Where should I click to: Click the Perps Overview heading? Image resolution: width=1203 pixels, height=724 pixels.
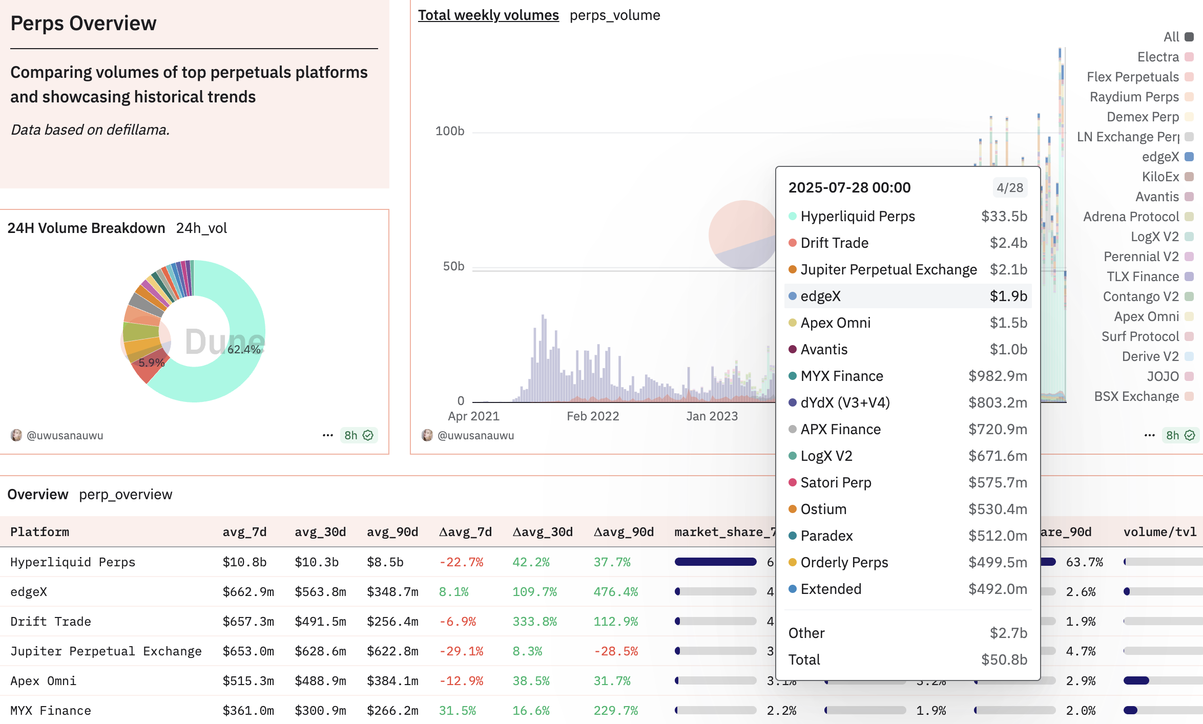[84, 24]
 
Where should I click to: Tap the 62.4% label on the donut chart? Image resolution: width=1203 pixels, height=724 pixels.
[244, 349]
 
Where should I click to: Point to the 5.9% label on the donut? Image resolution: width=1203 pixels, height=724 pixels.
[152, 363]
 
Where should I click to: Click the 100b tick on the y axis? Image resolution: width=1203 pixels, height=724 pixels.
[449, 131]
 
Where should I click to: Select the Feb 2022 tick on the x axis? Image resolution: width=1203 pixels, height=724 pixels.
[593, 416]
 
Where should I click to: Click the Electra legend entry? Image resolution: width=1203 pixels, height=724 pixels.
[1158, 57]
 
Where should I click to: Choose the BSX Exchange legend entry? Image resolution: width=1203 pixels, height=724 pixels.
[1136, 396]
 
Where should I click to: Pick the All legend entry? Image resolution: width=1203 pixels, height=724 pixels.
[1172, 37]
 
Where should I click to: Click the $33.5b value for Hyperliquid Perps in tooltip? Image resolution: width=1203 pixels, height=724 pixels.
[1004, 216]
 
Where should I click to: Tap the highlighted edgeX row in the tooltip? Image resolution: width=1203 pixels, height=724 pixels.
[907, 296]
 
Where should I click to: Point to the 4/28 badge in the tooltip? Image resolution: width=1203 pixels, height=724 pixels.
[1009, 187]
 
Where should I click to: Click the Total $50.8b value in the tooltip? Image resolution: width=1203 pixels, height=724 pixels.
[1004, 659]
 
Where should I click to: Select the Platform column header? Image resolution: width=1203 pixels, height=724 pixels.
[39, 532]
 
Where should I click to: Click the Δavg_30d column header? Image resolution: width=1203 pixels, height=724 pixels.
[543, 532]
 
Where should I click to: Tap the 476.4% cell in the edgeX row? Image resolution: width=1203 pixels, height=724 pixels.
[615, 592]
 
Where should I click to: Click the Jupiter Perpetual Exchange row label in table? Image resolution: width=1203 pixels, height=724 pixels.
[106, 651]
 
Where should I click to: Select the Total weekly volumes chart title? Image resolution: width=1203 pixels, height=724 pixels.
[488, 15]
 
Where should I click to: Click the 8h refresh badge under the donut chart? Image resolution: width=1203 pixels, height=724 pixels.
[359, 435]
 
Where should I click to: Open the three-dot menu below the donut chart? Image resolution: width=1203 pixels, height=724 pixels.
[327, 435]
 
